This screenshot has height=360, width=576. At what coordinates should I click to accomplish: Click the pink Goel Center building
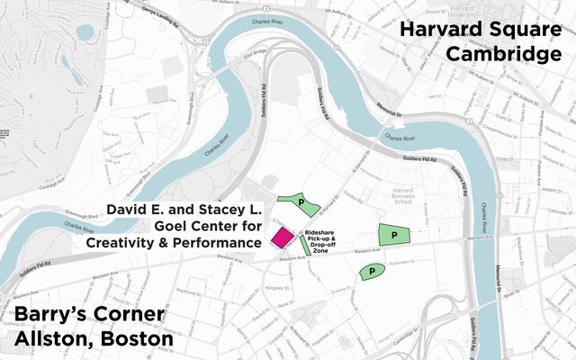[281, 238]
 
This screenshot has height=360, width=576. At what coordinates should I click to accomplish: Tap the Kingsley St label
[269, 290]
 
